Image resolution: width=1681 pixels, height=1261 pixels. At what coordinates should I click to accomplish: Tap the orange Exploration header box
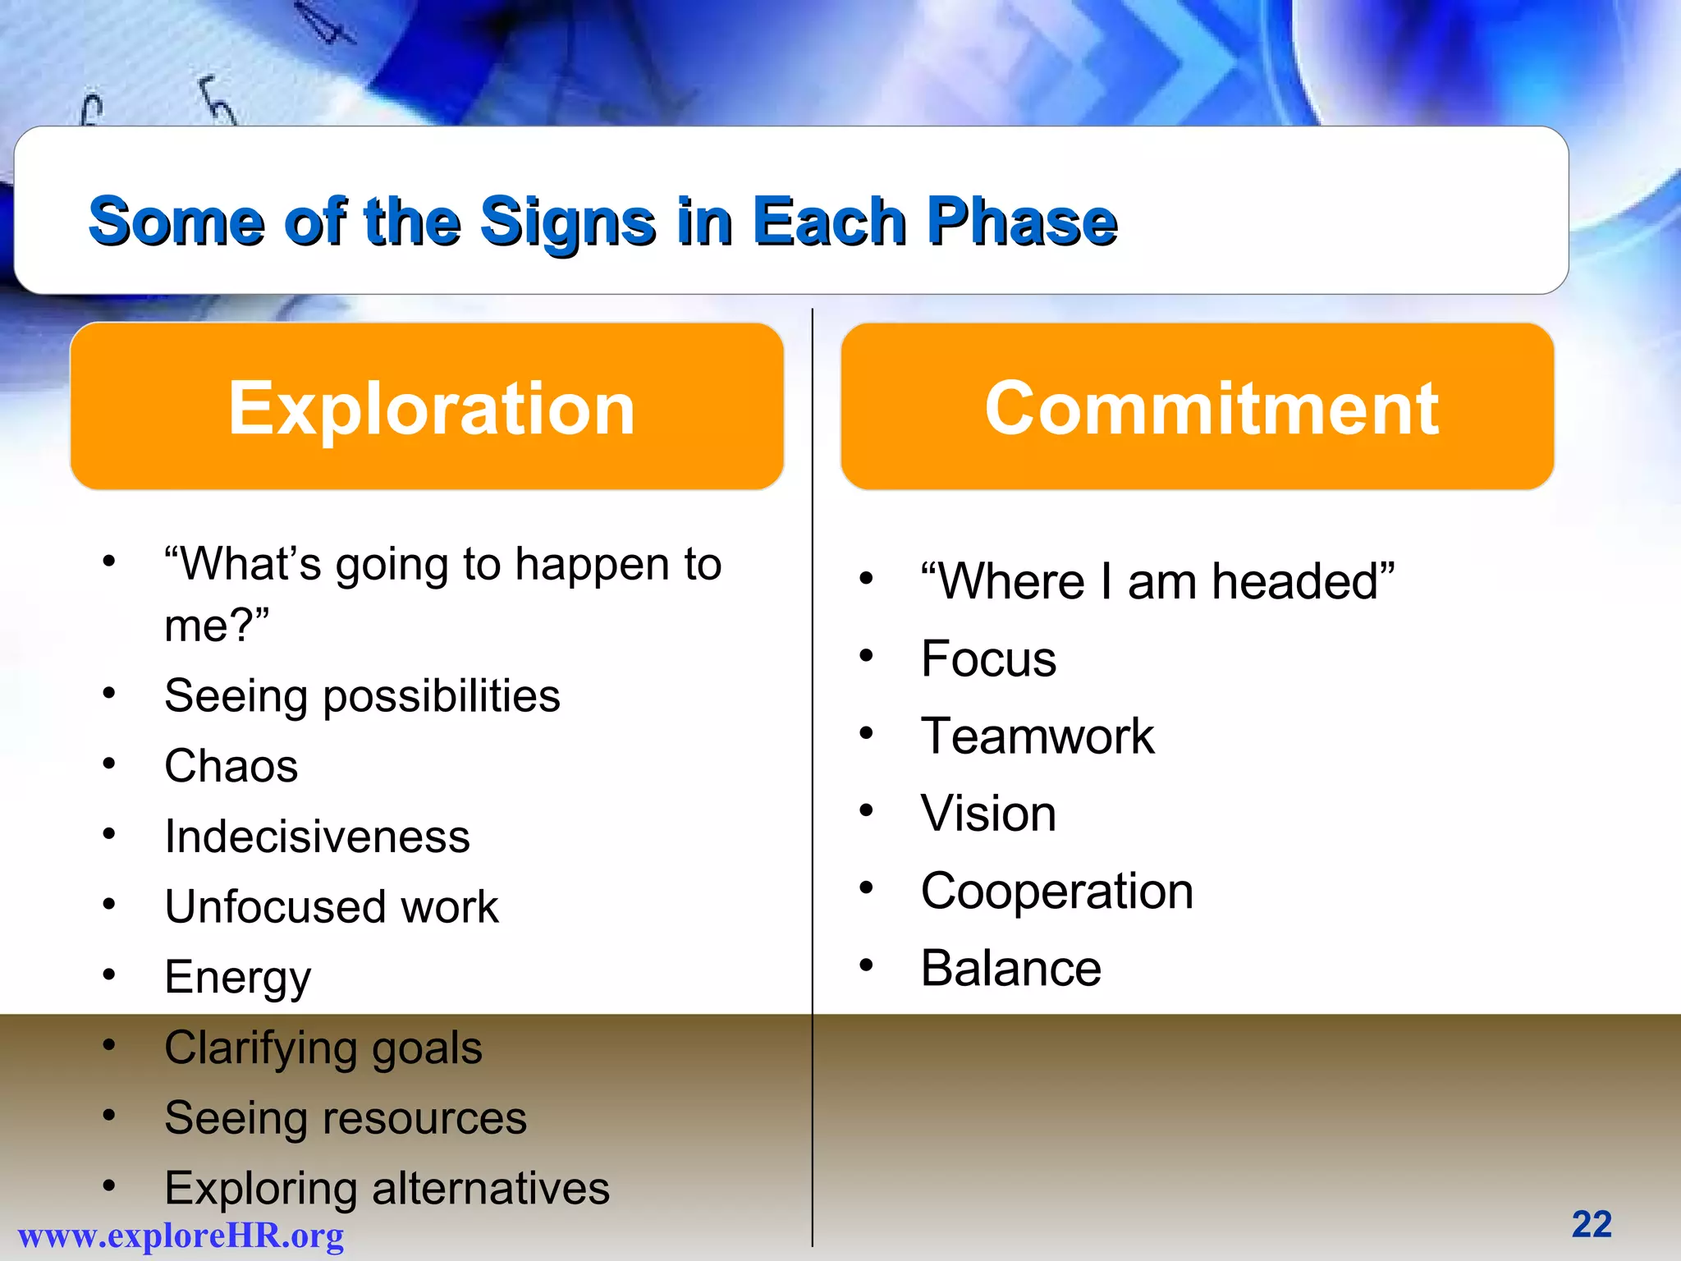[x=427, y=407]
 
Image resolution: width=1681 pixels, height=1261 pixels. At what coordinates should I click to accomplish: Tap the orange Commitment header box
[x=1197, y=407]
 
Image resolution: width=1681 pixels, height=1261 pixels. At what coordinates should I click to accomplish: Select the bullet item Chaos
[x=231, y=766]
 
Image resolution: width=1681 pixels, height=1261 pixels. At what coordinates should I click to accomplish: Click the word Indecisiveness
[x=317, y=837]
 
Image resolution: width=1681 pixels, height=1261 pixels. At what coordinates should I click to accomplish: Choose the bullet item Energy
[x=238, y=978]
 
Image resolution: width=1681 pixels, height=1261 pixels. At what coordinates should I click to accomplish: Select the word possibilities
[x=442, y=696]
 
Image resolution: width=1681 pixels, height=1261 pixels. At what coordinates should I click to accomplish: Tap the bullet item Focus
[x=988, y=658]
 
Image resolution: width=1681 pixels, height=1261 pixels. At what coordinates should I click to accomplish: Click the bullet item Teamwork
[x=1037, y=736]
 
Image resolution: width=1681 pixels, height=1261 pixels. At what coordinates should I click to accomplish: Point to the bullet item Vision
[x=988, y=813]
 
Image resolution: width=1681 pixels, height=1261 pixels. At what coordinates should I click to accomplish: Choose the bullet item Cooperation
[x=1056, y=891]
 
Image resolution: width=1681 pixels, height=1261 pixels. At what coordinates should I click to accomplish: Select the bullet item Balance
[x=1010, y=968]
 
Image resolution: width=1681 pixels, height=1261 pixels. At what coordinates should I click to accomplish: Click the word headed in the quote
[x=1302, y=581]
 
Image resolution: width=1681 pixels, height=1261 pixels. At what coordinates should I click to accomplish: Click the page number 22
[x=1592, y=1224]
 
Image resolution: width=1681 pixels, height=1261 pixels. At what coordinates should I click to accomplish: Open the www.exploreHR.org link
[x=181, y=1236]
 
